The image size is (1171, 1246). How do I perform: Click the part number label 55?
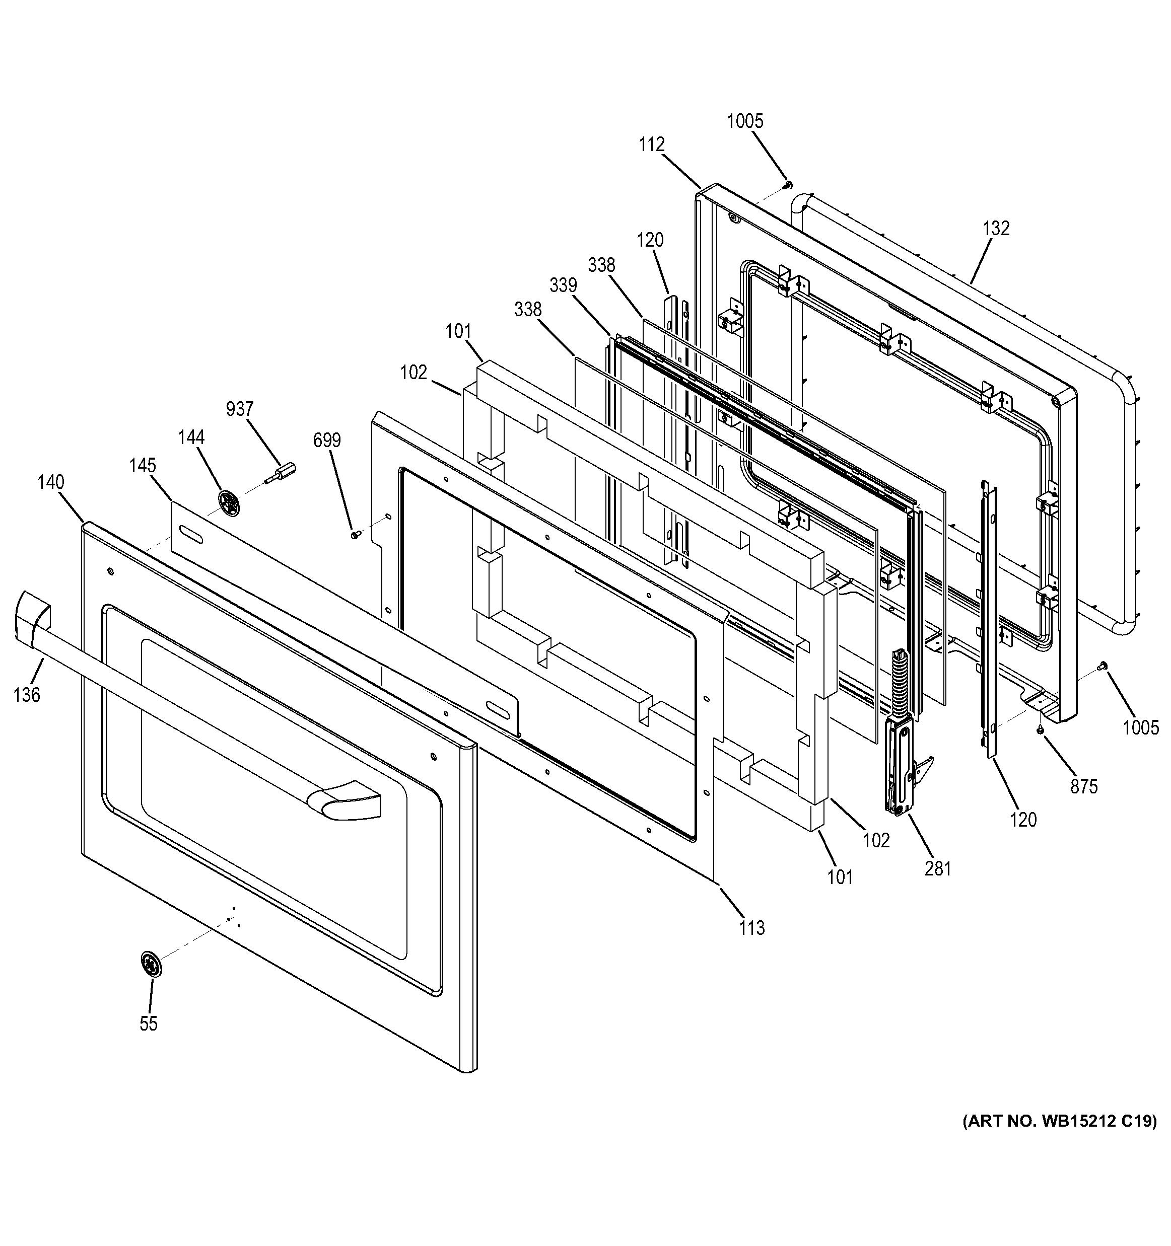pos(149,1023)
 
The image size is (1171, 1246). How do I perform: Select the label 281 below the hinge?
pos(938,869)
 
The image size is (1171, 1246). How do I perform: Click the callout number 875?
pos(1084,786)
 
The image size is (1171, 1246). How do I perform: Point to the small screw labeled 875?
pos(1040,729)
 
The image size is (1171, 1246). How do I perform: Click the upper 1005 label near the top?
pos(745,121)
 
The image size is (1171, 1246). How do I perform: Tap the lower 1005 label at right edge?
pos(1140,727)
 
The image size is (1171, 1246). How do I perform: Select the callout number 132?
pos(996,228)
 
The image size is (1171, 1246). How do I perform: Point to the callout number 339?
pos(563,285)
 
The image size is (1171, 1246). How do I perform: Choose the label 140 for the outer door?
pos(51,482)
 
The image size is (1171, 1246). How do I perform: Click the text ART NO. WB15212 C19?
pos(1059,1121)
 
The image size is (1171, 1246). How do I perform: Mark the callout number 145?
pos(143,466)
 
